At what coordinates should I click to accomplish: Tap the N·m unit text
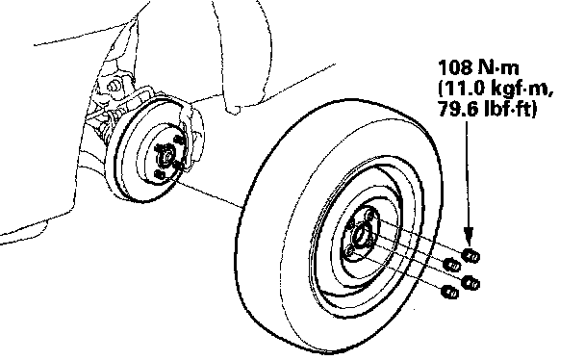(x=497, y=68)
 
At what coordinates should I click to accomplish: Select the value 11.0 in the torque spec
(x=464, y=89)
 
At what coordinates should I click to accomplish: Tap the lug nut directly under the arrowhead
(x=471, y=256)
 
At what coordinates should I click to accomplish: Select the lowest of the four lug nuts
(x=450, y=292)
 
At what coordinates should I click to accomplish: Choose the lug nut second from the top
(x=452, y=266)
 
